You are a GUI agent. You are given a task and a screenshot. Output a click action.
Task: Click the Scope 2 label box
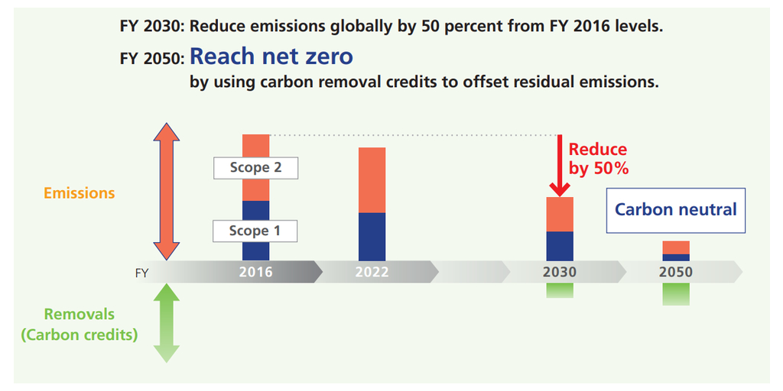(255, 167)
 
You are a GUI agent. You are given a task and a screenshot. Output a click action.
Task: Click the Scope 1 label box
(255, 231)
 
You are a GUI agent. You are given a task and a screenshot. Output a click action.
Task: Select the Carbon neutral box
(675, 209)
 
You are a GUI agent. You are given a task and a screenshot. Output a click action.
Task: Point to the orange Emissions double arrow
(166, 192)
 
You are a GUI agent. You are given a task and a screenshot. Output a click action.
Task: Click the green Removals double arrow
(166, 322)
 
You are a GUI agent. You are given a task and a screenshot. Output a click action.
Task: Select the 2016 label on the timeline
(255, 272)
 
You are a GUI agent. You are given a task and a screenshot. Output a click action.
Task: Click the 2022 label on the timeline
(372, 272)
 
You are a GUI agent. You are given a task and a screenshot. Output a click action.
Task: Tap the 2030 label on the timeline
(560, 272)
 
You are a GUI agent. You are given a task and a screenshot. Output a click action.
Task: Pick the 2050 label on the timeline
(675, 272)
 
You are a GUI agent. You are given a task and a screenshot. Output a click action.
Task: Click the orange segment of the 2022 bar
(372, 179)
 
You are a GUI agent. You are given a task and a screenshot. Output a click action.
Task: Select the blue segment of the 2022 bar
(372, 236)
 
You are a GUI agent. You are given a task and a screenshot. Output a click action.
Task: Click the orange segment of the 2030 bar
(560, 214)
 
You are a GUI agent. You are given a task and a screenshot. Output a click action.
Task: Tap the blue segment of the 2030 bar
(560, 246)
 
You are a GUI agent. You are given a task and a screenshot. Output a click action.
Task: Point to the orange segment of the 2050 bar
(675, 247)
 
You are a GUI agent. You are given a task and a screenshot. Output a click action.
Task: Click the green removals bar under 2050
(675, 294)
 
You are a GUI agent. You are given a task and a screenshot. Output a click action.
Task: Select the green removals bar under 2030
(560, 290)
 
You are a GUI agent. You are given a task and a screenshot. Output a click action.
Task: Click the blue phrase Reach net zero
(271, 57)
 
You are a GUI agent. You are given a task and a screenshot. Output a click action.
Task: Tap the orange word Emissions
(79, 193)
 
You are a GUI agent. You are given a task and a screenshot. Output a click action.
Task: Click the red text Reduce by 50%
(598, 159)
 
